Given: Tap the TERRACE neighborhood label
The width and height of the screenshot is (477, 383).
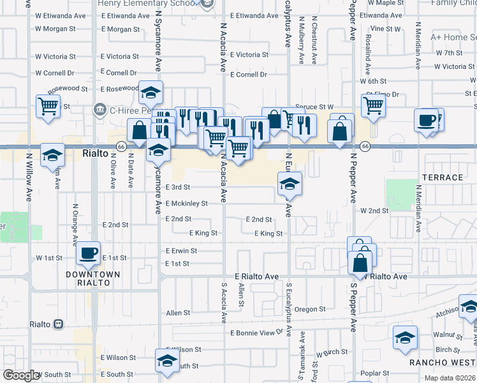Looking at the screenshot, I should pos(442,177).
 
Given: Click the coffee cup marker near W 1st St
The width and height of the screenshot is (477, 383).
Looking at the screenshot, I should pos(89,253).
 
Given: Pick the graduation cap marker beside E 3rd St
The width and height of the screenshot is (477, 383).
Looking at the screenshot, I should pos(290,185).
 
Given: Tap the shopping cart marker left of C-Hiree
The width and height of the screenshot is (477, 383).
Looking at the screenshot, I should pos(48,106).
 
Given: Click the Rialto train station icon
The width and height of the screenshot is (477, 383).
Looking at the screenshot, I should pos(59,324).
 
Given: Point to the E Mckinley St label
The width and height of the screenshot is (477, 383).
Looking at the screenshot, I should pos(186,204).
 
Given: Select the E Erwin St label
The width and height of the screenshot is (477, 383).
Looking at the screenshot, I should pos(181,252).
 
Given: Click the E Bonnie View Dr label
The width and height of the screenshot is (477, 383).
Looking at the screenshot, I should pos(256,333).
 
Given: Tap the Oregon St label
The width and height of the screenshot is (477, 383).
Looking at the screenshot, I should pos(310,310).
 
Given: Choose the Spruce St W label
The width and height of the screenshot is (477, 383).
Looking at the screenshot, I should pos(314,107).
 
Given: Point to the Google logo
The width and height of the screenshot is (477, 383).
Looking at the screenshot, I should pos(22,375).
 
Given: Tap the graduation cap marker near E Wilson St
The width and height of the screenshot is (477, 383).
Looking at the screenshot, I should pos(168,362).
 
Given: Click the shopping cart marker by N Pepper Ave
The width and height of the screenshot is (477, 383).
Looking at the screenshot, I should pos(373,105).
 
